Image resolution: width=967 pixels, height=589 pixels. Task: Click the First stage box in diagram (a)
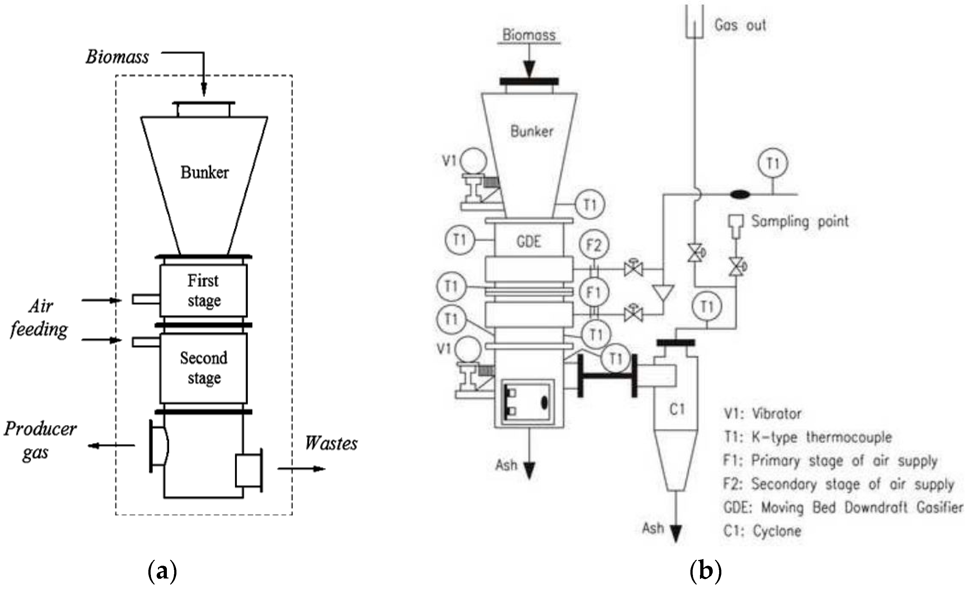203,290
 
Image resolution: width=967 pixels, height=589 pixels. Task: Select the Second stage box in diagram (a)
203,368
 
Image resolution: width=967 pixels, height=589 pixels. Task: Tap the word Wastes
331,444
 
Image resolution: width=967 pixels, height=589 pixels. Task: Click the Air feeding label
39,317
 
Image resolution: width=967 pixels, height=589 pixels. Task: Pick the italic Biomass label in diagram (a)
117,57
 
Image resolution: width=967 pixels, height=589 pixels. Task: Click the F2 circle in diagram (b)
593,245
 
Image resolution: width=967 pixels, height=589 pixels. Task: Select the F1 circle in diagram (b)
593,292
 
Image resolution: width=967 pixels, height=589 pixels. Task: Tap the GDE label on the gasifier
529,241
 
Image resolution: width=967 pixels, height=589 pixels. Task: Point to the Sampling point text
800,222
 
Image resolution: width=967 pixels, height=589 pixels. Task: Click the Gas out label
740,26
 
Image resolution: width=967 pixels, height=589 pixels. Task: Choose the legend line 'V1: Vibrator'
762,414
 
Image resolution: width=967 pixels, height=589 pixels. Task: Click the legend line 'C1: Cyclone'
762,531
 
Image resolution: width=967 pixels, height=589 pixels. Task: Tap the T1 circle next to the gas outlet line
773,163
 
